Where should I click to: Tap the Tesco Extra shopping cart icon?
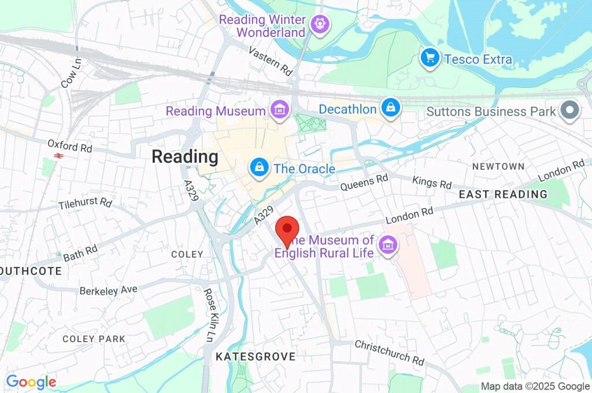pos(429,58)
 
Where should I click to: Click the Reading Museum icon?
pos(280,110)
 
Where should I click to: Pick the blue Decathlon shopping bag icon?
pos(391,108)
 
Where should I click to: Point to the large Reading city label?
pos(185,157)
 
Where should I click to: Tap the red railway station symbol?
pos(58,155)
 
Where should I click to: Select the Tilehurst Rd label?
pos(85,203)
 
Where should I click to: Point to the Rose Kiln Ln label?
pos(209,315)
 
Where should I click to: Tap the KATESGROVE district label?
pos(255,357)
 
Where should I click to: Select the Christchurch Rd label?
pos(389,352)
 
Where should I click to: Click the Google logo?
pos(31,381)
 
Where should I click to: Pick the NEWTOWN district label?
pos(498,166)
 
